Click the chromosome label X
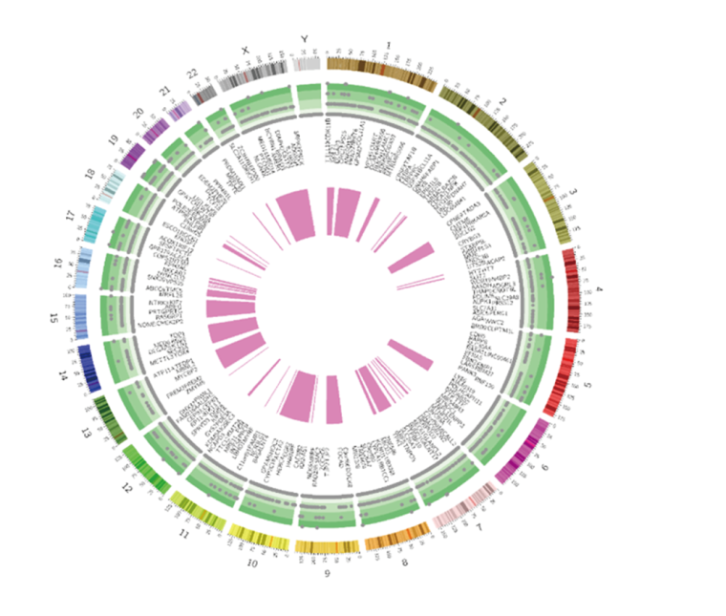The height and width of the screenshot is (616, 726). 246,49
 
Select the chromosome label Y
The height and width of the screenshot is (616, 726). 305,39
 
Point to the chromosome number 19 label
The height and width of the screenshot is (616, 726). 114,139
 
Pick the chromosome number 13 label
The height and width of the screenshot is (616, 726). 85,433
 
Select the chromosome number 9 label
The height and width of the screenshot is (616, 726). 327,573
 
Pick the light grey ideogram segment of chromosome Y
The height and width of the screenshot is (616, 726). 307,64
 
